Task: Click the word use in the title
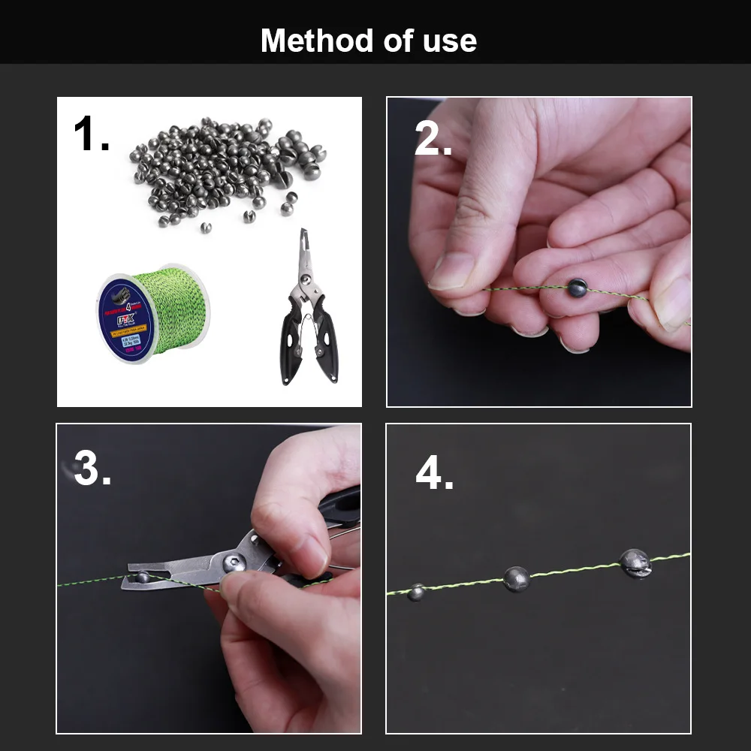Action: point(449,41)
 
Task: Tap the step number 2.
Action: point(433,140)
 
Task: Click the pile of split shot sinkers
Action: point(225,165)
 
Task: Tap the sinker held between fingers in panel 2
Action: point(577,287)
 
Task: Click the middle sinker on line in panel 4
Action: point(515,578)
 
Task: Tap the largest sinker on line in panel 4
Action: point(635,563)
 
